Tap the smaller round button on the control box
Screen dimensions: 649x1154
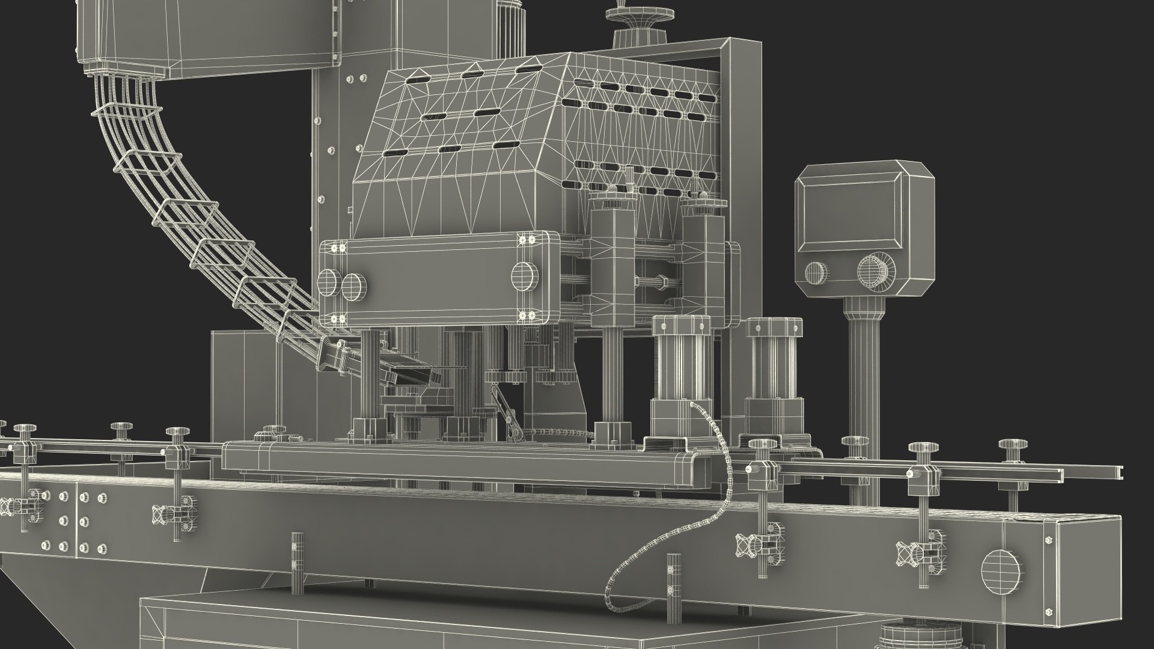(816, 272)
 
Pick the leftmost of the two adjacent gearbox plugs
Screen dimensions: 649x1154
(328, 281)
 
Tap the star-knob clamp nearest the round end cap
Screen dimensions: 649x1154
(907, 550)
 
